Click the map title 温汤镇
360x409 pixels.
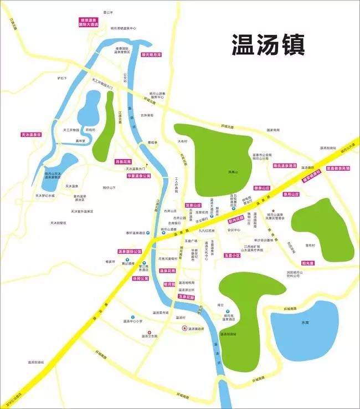click(x=268, y=45)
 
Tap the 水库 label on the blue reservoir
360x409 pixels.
click(x=305, y=321)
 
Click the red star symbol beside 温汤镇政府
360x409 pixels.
click(x=184, y=328)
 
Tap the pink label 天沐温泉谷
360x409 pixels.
click(x=32, y=135)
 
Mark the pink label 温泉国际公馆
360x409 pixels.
click(x=130, y=251)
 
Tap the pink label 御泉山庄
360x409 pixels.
click(x=262, y=188)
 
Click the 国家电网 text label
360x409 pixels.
click(x=273, y=130)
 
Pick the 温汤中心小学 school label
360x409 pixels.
click(x=133, y=321)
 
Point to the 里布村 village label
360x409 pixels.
click(x=310, y=244)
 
